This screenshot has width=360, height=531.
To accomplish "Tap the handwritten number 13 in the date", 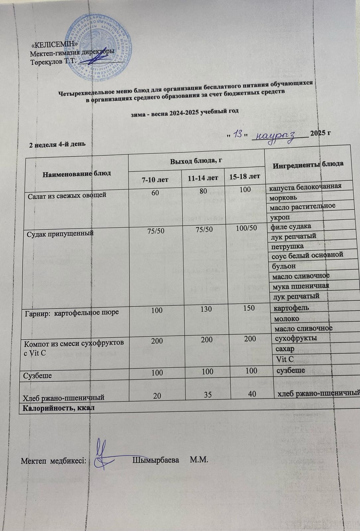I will click(237, 134).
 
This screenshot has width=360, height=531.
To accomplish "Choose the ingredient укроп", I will click(280, 217).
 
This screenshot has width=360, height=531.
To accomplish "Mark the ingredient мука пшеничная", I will click(300, 286).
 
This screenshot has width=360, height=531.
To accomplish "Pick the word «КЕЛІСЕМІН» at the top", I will click(55, 44).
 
